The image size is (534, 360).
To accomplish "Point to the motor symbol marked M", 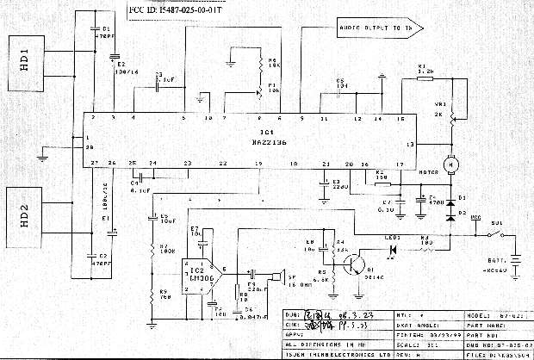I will click(x=447, y=162).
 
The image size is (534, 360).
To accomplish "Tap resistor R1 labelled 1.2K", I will click(x=424, y=78).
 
